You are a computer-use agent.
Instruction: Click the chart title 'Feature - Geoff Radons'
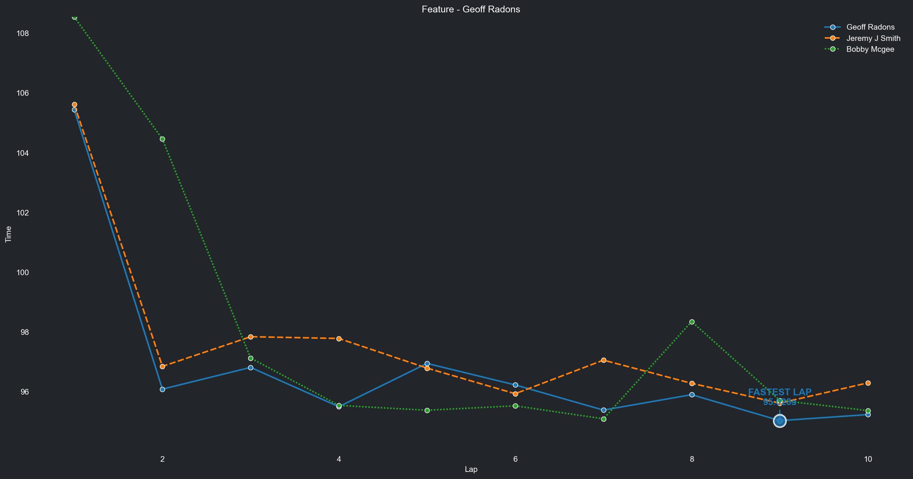pyautogui.click(x=471, y=9)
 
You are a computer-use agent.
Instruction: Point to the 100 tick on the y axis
pyautogui.click(x=23, y=273)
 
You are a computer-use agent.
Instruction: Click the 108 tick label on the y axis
pyautogui.click(x=23, y=33)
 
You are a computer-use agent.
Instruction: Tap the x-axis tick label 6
pyautogui.click(x=515, y=459)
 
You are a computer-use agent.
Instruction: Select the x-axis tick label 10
pyautogui.click(x=868, y=459)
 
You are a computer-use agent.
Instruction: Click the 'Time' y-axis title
pyautogui.click(x=8, y=234)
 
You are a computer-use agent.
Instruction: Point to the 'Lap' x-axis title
pyautogui.click(x=471, y=469)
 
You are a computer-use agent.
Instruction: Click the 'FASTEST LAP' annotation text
pyautogui.click(x=780, y=392)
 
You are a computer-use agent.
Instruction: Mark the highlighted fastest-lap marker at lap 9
pyautogui.click(x=780, y=421)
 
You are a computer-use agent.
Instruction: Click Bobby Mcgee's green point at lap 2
pyautogui.click(x=162, y=139)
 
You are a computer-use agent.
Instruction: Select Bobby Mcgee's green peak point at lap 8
pyautogui.click(x=692, y=322)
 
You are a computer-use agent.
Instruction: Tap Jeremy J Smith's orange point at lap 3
pyautogui.click(x=251, y=337)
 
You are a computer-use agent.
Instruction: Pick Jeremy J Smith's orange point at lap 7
pyautogui.click(x=604, y=360)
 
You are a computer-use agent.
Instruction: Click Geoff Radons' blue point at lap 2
pyautogui.click(x=162, y=390)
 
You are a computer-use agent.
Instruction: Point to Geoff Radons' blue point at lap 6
pyautogui.click(x=515, y=385)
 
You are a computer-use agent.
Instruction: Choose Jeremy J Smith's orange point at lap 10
pyautogui.click(x=868, y=383)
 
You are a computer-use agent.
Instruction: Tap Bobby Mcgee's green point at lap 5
pyautogui.click(x=427, y=411)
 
